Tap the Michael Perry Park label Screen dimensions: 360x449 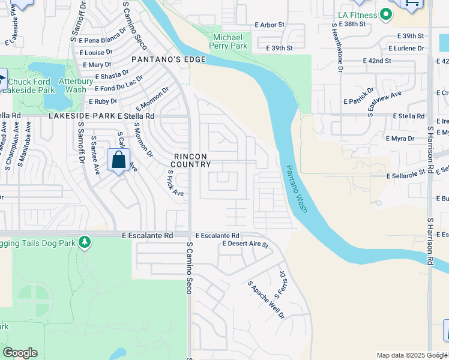tap(230, 41)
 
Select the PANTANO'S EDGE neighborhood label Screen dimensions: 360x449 tap(169, 59)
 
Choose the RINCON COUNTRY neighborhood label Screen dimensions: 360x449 tap(192, 160)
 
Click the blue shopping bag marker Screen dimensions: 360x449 tap(118, 161)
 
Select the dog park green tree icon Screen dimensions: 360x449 tap(85, 241)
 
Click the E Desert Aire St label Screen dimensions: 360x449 tap(245, 244)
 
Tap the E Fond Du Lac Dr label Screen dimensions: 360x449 tap(118, 83)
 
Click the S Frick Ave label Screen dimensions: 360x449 tap(175, 184)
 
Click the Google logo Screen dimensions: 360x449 tap(20, 353)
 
